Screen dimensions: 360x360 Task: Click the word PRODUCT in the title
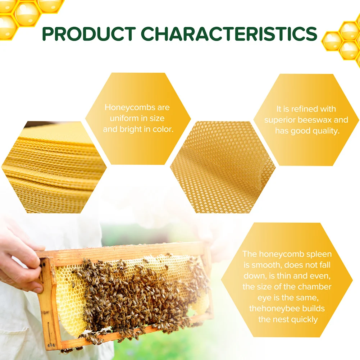click(x=88, y=34)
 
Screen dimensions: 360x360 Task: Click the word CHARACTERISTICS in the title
click(x=229, y=34)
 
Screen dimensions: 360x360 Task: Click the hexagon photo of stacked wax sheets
click(x=54, y=168)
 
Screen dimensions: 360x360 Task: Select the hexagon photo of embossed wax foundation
click(x=223, y=168)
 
